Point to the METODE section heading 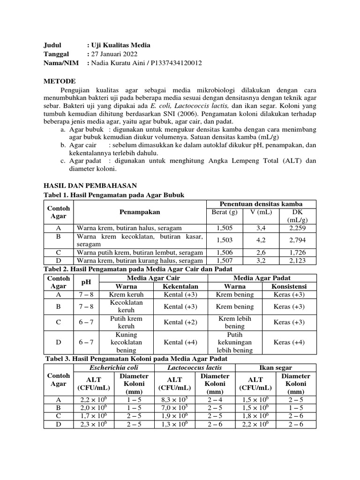(x=59, y=81)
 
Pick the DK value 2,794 (x=297, y=240)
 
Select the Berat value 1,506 (x=227, y=252)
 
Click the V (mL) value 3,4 (x=261, y=228)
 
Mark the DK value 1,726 (x=297, y=252)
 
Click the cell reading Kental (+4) (x=180, y=342)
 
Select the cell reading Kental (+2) (x=180, y=322)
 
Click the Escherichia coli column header (x=107, y=367)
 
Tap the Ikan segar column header (x=274, y=367)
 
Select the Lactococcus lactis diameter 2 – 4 (x=215, y=399)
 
